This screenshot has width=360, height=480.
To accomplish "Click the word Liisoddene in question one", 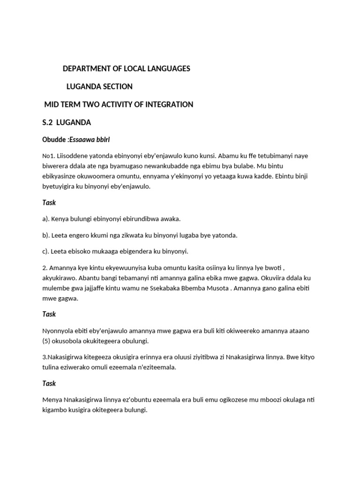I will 71,156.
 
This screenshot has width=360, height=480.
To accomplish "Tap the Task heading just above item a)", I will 49,202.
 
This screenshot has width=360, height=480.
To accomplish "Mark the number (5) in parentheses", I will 47,340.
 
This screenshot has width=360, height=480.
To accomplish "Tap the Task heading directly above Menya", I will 49,383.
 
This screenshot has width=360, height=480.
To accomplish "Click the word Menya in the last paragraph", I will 52,400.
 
